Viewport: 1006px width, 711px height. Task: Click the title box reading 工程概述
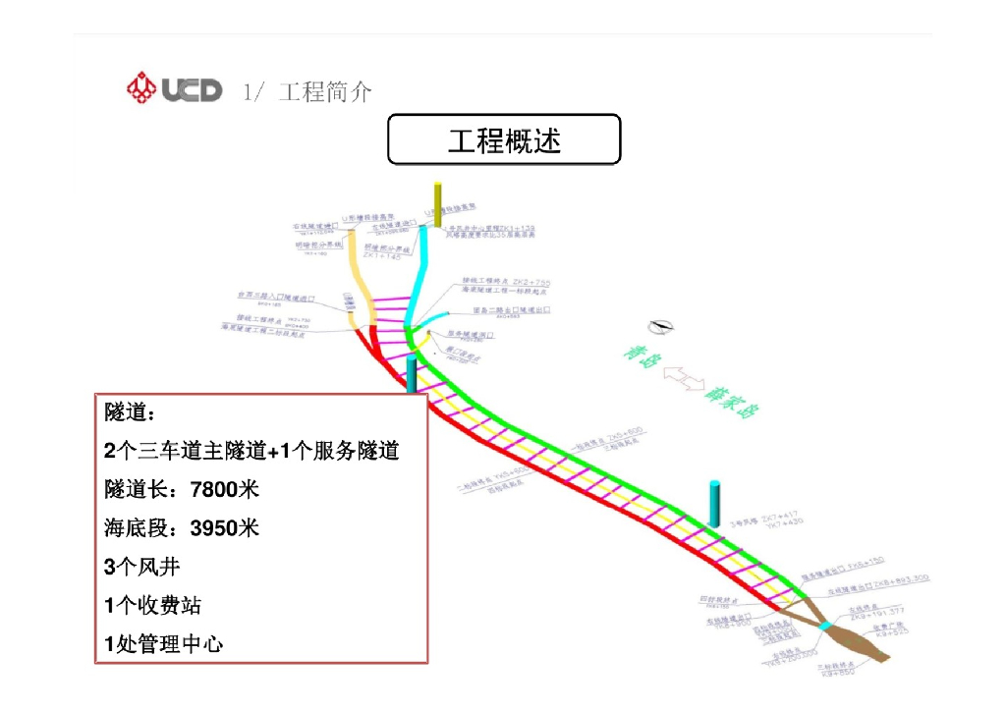tap(504, 139)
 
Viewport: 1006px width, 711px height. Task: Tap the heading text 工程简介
tap(325, 92)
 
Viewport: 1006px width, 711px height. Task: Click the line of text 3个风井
tap(142, 567)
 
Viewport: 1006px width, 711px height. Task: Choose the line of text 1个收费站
tap(153, 605)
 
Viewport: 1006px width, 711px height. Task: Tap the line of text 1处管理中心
tap(164, 644)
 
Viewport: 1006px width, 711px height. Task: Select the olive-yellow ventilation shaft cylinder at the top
tap(438, 203)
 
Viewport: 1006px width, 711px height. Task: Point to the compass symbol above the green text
tap(660, 328)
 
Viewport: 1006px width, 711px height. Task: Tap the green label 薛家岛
tap(731, 396)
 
